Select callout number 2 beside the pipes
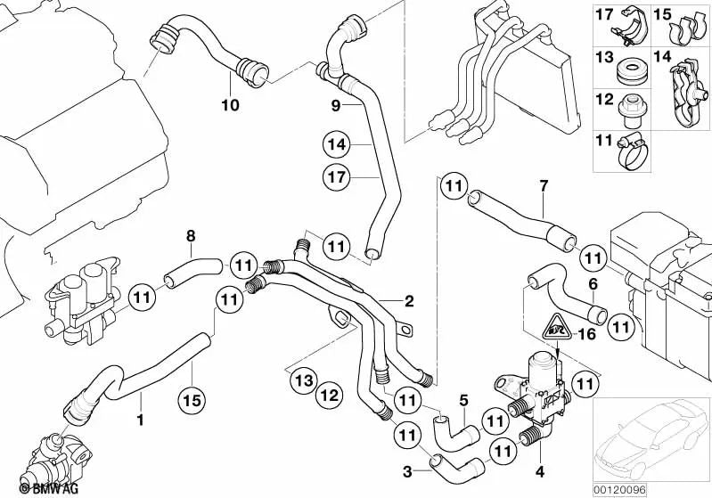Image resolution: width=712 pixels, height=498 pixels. [409, 300]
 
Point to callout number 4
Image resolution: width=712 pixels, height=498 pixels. [539, 469]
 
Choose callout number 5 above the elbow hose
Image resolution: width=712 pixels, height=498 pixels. [462, 400]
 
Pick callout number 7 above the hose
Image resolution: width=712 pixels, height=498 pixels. [542, 186]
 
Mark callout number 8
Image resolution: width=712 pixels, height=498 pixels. [189, 236]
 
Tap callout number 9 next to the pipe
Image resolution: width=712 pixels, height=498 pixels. [336, 106]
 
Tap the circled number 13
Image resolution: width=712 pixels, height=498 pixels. [303, 382]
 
